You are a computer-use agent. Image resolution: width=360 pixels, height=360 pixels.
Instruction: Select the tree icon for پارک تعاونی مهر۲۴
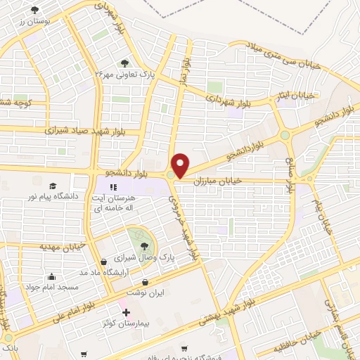126,63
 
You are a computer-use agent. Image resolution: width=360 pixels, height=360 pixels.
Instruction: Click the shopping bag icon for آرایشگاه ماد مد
105,262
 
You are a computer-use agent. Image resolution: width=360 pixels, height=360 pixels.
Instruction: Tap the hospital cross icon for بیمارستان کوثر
126,312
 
